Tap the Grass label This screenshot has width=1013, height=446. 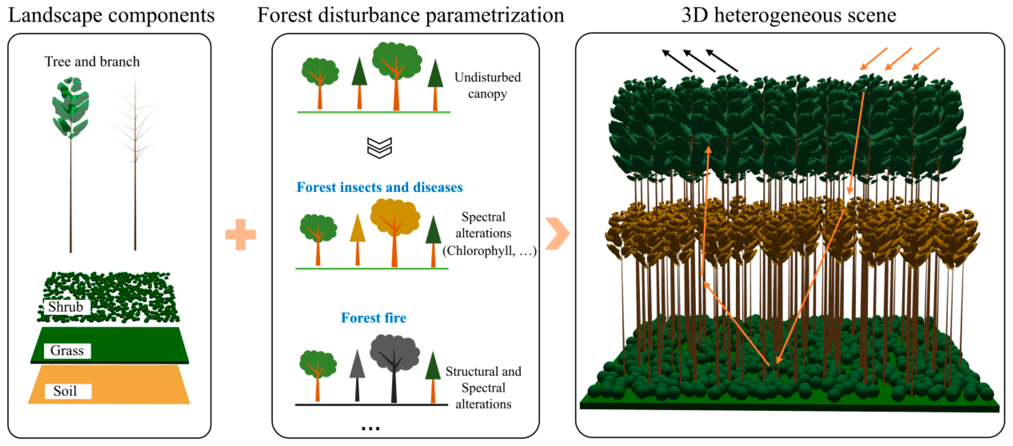67,350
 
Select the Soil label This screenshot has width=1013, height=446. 65,391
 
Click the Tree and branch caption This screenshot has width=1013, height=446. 92,62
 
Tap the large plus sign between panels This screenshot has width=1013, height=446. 240,234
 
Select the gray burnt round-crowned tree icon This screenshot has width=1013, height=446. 394,366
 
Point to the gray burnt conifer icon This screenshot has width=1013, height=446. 357,374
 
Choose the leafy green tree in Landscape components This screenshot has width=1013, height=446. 71,157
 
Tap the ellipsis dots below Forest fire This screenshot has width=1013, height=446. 371,428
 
